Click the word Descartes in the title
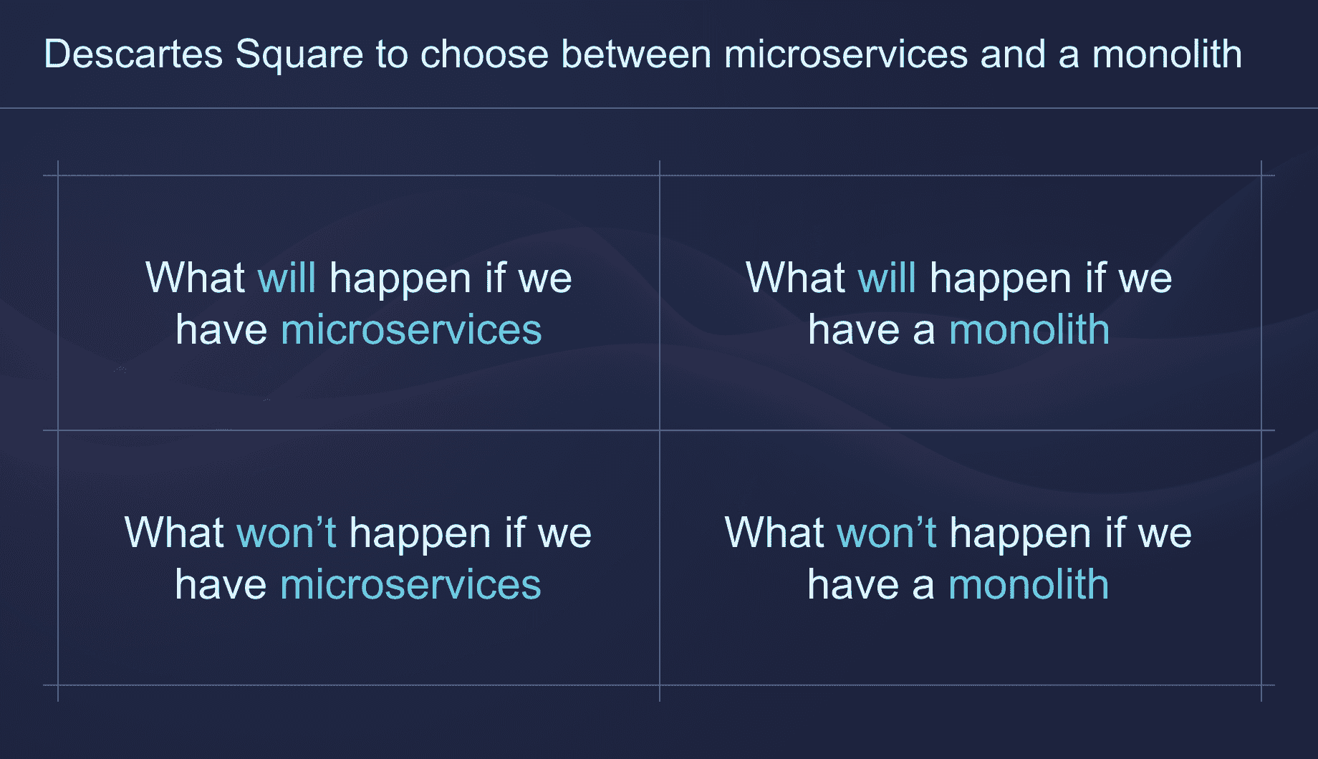point(133,54)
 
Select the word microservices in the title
point(846,54)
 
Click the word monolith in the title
point(1167,54)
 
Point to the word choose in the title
point(484,54)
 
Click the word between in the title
point(636,54)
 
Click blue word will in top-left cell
point(287,278)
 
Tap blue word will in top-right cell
point(887,278)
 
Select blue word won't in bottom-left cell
point(287,533)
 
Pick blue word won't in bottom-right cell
point(887,533)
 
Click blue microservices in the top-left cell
point(411,330)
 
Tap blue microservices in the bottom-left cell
point(410,585)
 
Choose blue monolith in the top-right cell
point(1029,330)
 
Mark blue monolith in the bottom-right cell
point(1029,585)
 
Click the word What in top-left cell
point(195,278)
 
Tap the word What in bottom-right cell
point(774,533)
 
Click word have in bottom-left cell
point(221,585)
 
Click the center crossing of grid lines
point(660,430)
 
